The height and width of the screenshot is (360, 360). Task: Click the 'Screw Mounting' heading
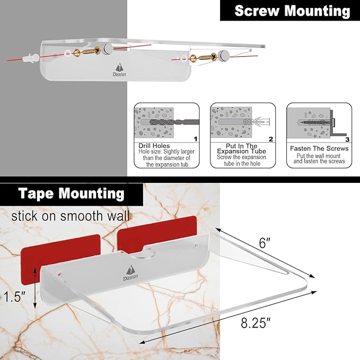point(292,11)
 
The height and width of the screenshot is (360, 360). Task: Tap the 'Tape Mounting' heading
point(71,194)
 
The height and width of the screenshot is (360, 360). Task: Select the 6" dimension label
point(265,243)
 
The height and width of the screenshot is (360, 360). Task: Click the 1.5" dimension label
point(14,296)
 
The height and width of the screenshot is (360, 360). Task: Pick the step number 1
point(196,139)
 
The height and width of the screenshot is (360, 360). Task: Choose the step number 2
point(271,139)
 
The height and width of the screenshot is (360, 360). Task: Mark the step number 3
point(347,139)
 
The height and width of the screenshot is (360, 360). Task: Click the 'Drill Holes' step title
point(154,146)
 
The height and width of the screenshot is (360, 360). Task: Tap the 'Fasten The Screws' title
point(319,148)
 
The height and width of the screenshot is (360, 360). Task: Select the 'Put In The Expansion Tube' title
point(242,148)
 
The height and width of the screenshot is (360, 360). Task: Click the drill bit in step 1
point(174,122)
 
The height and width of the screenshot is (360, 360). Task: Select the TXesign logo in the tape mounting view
point(130,273)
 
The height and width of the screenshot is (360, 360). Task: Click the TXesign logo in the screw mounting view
point(119,70)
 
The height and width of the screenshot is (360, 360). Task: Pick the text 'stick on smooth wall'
point(71,216)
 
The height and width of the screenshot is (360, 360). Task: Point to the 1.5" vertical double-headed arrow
point(35,288)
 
